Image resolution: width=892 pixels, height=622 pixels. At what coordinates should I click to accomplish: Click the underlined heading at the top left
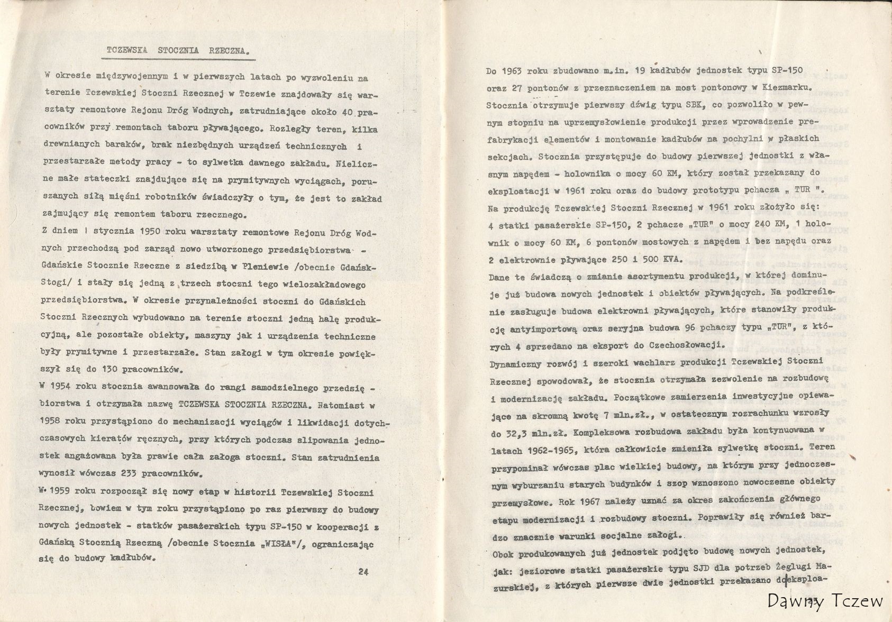pyautogui.click(x=177, y=51)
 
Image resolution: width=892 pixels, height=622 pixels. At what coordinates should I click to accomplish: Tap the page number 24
pyautogui.click(x=363, y=571)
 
